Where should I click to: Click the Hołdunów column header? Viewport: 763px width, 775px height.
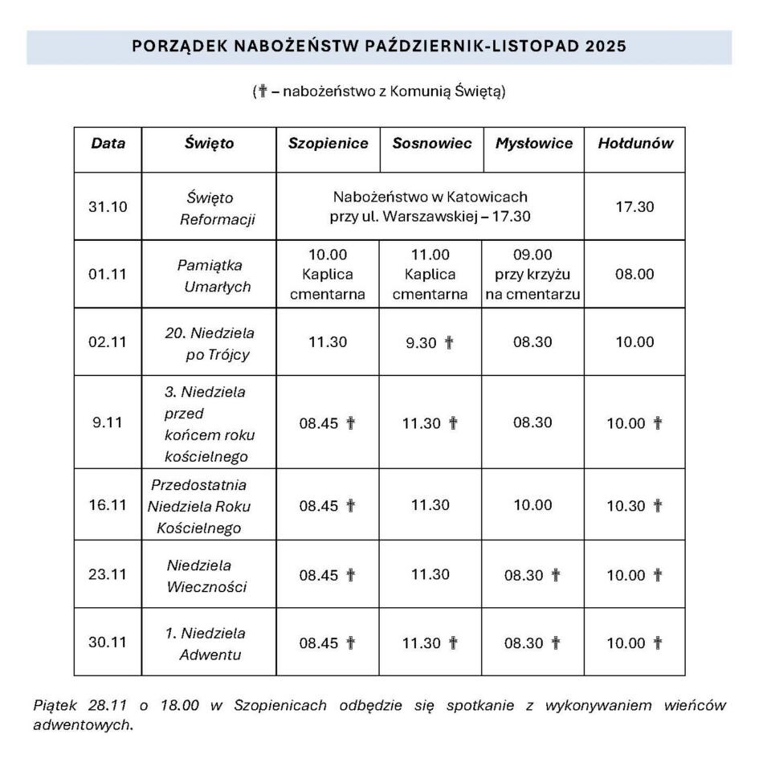(x=634, y=144)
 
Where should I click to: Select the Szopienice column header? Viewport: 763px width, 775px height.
(x=328, y=144)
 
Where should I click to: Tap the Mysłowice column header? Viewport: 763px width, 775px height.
(x=533, y=144)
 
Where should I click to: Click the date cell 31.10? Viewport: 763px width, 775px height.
(x=108, y=206)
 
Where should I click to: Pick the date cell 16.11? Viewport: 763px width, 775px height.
(x=108, y=505)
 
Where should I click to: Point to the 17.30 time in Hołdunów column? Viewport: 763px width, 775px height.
(x=634, y=206)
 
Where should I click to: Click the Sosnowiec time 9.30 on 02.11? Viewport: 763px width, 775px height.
(x=422, y=342)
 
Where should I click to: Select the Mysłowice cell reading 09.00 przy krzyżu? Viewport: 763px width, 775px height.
(x=532, y=275)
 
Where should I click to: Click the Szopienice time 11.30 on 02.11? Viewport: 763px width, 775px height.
(x=328, y=342)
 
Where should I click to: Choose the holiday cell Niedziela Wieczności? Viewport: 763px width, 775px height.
(x=206, y=575)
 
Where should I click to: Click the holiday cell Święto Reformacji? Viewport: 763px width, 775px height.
(x=210, y=207)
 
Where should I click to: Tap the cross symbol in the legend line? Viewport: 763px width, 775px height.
(x=262, y=91)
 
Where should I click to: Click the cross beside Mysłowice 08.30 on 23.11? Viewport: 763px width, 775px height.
(x=556, y=575)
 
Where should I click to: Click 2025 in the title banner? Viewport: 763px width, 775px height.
(x=606, y=47)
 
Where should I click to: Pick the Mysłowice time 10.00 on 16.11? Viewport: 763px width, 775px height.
(x=532, y=505)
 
